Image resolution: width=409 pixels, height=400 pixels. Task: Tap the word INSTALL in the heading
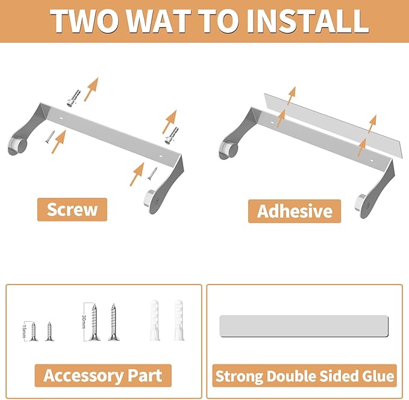(307, 21)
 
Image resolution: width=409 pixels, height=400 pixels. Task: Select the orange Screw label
(72, 209)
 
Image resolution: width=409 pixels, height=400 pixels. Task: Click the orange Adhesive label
(295, 211)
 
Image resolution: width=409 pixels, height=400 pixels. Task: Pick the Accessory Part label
(103, 375)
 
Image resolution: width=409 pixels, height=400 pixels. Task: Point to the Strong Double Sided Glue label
(304, 376)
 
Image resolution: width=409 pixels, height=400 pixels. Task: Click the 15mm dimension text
(25, 331)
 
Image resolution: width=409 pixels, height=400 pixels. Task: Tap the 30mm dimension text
(84, 322)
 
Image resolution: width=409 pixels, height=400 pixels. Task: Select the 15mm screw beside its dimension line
(33, 331)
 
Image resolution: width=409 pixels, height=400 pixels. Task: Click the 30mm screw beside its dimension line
(94, 322)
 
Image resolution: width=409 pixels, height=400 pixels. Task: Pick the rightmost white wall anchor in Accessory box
(179, 321)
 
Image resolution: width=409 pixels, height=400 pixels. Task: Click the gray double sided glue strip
(304, 326)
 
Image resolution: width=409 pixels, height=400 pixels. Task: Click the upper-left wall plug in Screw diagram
(73, 98)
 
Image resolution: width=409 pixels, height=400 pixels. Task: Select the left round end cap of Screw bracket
(18, 146)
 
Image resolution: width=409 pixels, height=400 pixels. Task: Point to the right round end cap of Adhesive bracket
(362, 204)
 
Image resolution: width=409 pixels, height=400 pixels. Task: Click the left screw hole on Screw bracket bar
(61, 118)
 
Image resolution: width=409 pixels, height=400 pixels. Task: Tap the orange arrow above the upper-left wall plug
(92, 89)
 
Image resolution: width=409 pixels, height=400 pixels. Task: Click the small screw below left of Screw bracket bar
(49, 137)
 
